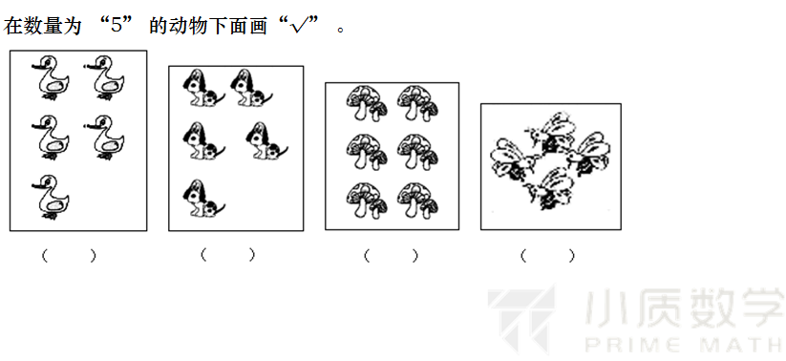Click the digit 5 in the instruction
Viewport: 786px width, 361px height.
click(117, 25)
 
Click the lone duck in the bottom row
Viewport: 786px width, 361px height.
click(51, 197)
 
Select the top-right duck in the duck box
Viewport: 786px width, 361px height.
click(104, 78)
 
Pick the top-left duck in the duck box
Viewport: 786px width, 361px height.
click(51, 78)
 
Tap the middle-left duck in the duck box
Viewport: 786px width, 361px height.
click(51, 138)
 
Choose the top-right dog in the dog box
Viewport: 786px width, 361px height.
click(251, 88)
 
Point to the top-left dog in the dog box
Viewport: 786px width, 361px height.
click(203, 88)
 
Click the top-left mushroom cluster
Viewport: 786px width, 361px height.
click(367, 103)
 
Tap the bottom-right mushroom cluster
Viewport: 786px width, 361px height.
click(417, 201)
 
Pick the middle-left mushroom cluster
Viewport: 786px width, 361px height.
click(367, 152)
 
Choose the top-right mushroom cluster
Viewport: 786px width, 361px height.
click(417, 103)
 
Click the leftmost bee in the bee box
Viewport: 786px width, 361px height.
click(511, 159)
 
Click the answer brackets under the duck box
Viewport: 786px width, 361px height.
click(69, 256)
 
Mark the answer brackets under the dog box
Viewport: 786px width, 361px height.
click(227, 255)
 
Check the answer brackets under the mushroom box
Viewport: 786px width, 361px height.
click(391, 256)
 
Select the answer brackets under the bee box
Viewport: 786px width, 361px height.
click(547, 256)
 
